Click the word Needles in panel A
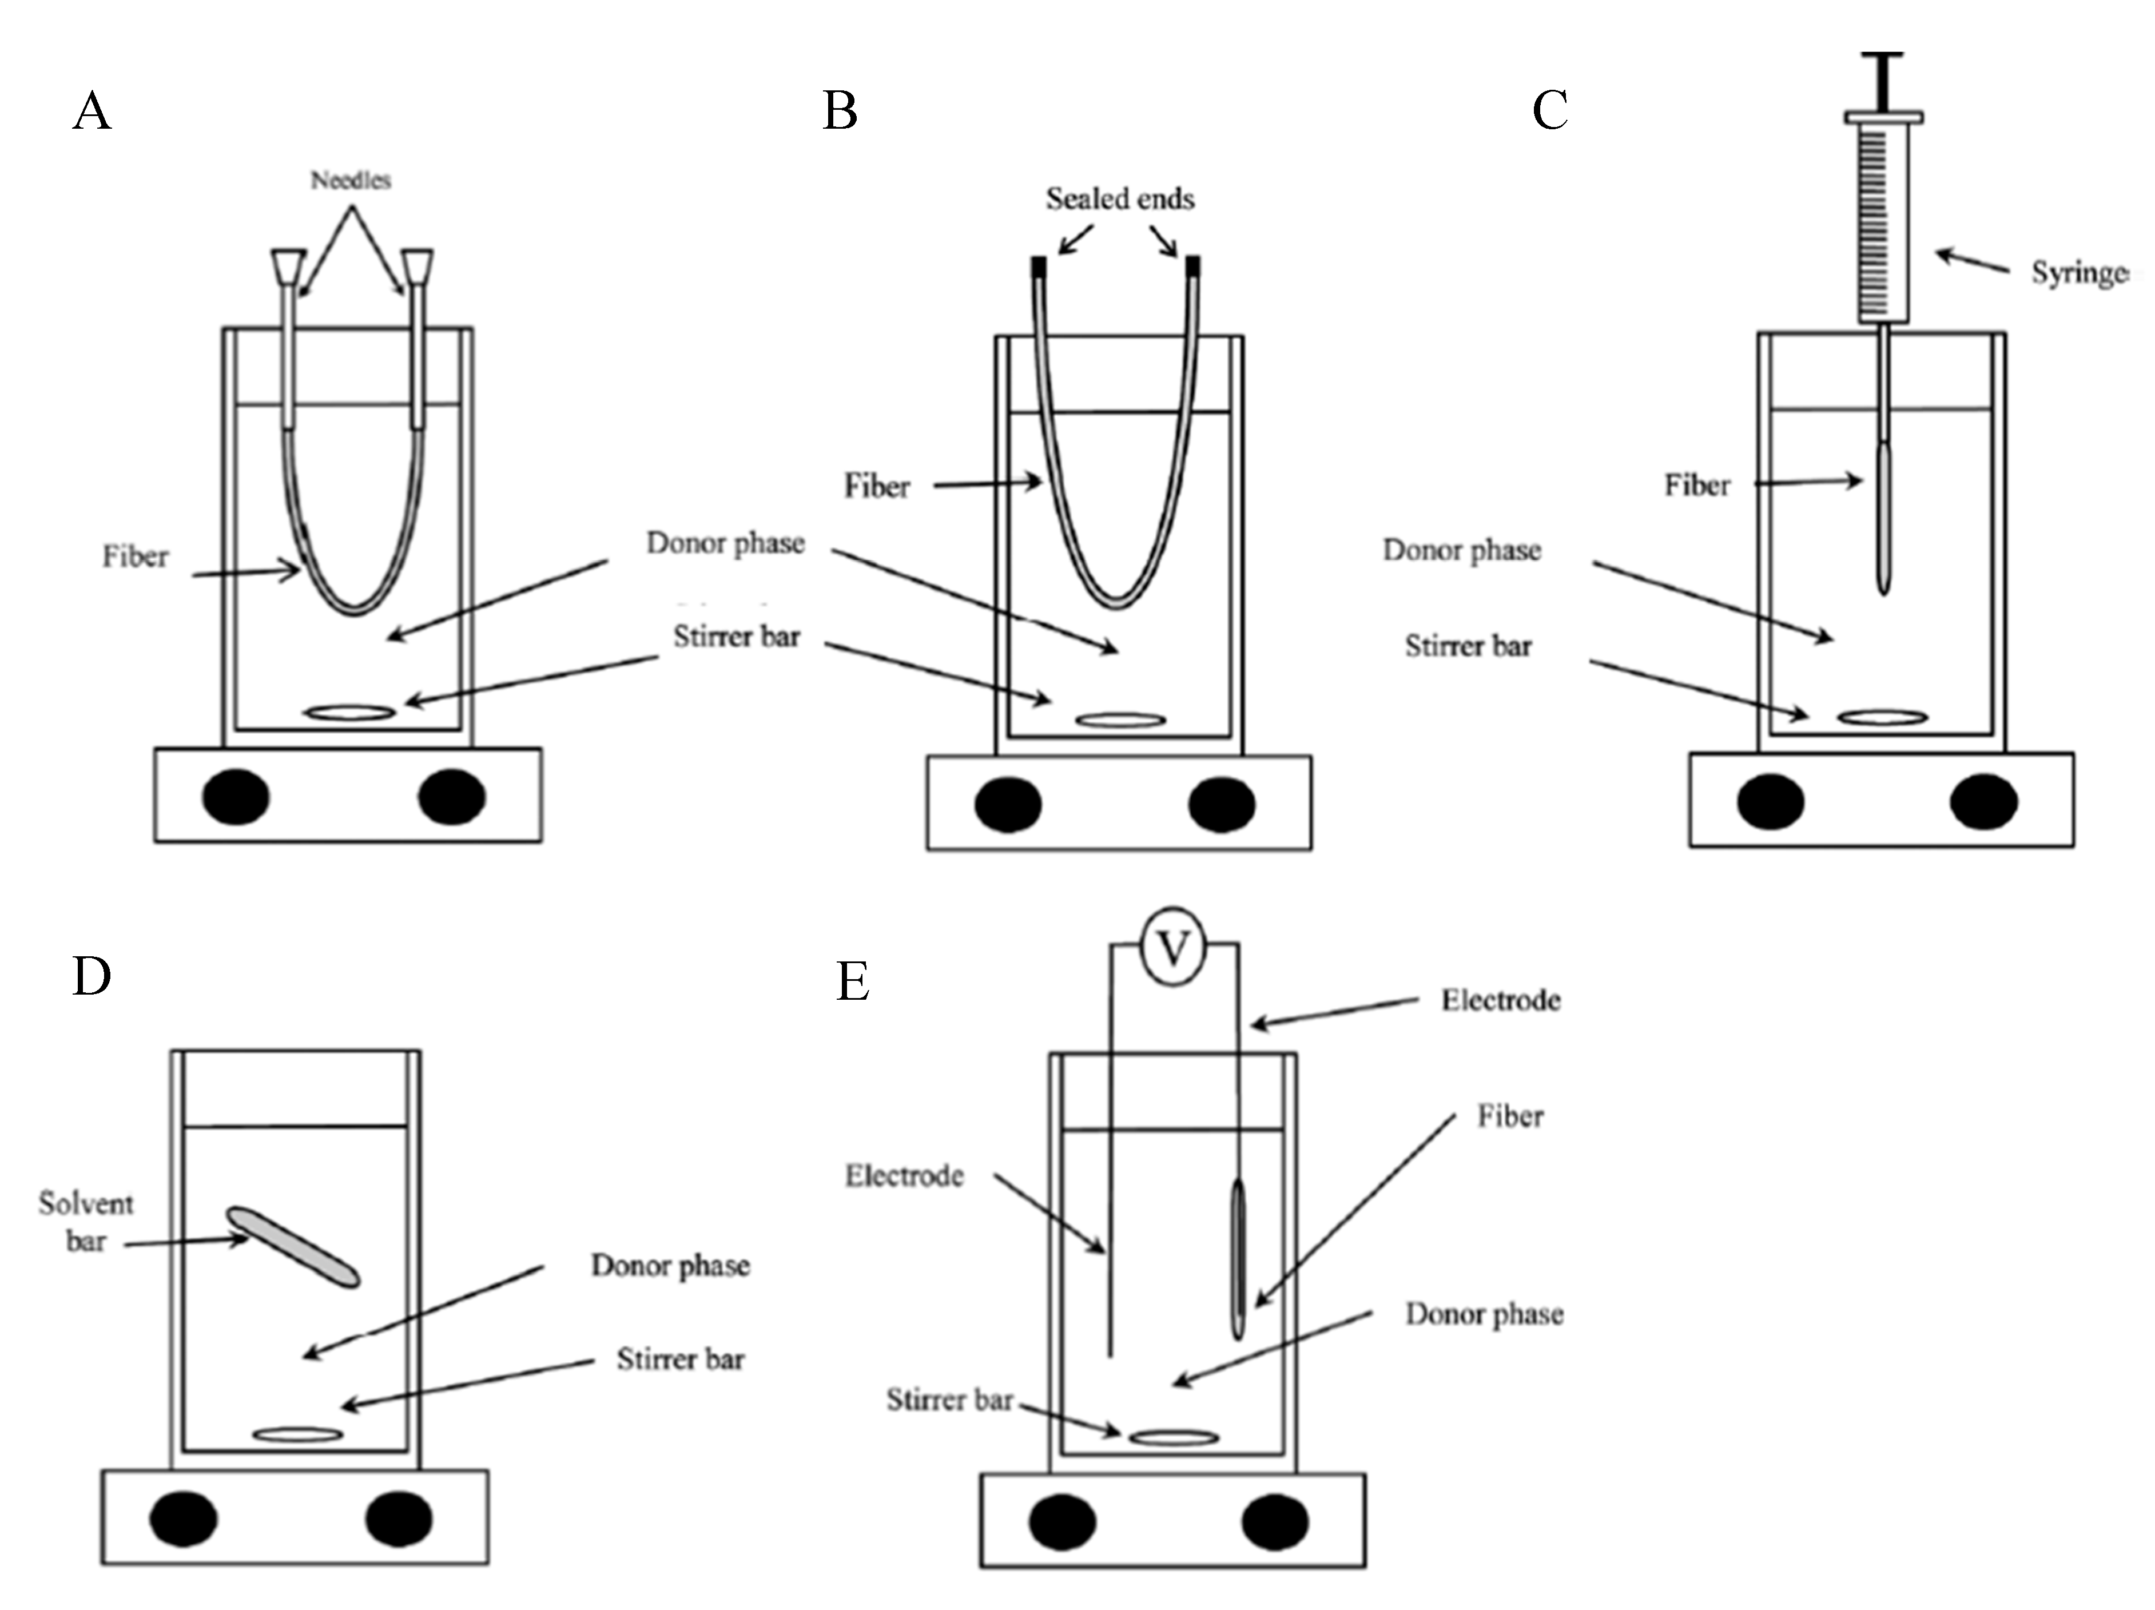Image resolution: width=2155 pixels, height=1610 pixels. [x=351, y=180]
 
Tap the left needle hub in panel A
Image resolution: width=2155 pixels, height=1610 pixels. [x=288, y=265]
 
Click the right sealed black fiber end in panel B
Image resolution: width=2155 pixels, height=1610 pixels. [x=1192, y=266]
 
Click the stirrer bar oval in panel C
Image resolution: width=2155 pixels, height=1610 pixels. [x=1882, y=718]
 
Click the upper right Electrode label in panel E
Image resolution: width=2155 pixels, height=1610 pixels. [x=1500, y=1000]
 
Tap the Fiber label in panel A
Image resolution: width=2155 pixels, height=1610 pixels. [x=136, y=557]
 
